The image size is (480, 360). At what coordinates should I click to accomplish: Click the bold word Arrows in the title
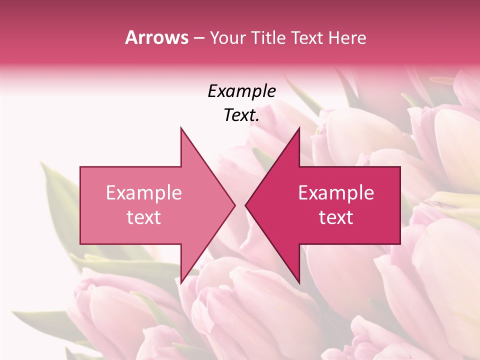click(157, 37)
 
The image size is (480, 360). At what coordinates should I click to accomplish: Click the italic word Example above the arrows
click(242, 91)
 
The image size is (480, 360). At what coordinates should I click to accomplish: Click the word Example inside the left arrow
click(144, 193)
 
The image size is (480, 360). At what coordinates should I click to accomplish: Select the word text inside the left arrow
click(144, 217)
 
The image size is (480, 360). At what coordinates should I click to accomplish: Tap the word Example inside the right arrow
click(336, 193)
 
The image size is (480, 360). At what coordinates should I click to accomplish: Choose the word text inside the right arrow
click(336, 217)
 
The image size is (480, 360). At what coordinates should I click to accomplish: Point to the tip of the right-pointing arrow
click(235, 205)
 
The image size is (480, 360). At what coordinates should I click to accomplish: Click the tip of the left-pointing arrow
click(245, 205)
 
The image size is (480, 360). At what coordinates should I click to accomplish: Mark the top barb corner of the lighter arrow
click(181, 127)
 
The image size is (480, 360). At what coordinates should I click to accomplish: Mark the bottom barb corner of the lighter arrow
click(181, 283)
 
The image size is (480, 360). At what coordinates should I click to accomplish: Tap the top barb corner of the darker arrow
click(299, 127)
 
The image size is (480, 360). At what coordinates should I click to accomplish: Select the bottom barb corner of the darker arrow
click(299, 283)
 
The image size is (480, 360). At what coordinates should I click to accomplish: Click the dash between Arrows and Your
click(198, 38)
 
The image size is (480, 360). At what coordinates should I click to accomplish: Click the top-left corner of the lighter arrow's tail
click(80, 166)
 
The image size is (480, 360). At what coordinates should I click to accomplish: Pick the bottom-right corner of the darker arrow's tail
click(400, 244)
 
